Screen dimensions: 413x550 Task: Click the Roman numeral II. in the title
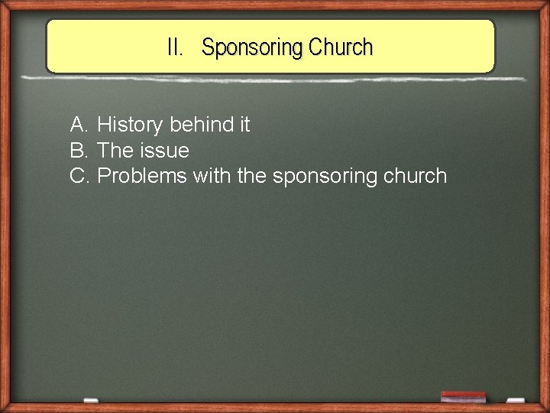(176, 47)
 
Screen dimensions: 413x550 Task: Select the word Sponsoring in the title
(252, 48)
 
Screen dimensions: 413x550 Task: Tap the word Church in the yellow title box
(341, 47)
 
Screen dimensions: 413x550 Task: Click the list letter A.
(79, 124)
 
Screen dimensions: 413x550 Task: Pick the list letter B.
(79, 150)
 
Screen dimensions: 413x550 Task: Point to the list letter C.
(80, 176)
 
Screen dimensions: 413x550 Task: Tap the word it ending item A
(242, 124)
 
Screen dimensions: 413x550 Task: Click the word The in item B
(116, 150)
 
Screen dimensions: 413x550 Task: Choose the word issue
(164, 150)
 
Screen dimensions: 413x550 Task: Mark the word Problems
(142, 176)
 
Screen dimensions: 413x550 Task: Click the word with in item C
(212, 176)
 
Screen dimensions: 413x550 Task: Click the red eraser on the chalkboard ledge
(463, 397)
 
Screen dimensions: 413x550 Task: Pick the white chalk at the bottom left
(90, 400)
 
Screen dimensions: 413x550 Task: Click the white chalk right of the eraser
(516, 400)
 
